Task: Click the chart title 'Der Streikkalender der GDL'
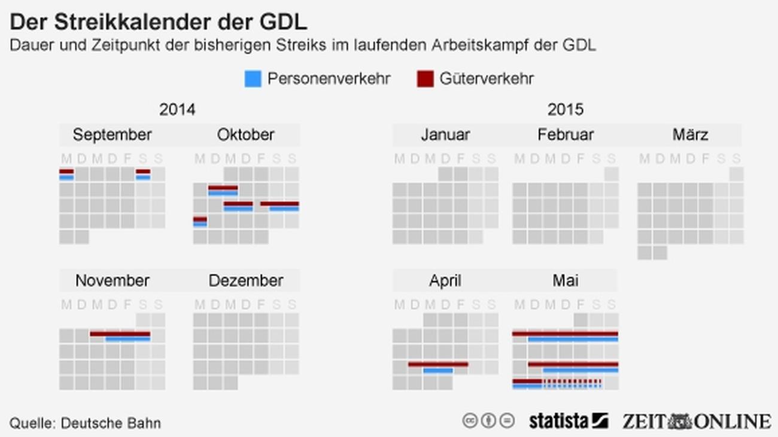click(159, 22)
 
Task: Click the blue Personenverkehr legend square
click(253, 79)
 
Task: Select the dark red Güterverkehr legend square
click(425, 79)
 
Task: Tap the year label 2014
click(177, 110)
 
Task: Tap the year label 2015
click(565, 110)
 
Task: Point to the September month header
click(112, 135)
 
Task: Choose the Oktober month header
click(245, 135)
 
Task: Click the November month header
click(112, 280)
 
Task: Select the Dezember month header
click(245, 280)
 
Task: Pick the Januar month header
click(445, 135)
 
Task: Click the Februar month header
click(565, 135)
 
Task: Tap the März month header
click(690, 135)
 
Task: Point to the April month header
click(445, 280)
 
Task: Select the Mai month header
click(565, 280)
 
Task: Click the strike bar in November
click(120, 336)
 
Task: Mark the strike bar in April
click(438, 366)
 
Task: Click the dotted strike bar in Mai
click(572, 383)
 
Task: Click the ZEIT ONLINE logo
click(696, 421)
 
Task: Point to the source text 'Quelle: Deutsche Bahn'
click(85, 423)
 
